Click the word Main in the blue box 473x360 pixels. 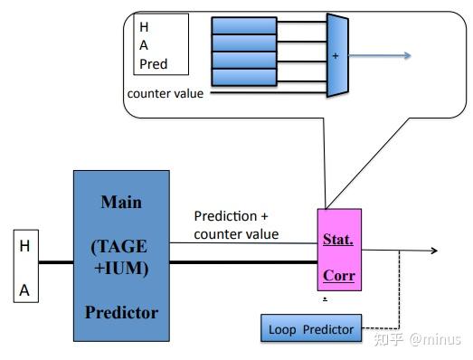tap(121, 202)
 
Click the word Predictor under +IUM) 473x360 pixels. tap(121, 312)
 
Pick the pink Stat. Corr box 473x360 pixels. tap(339, 250)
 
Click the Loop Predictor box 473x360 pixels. tap(311, 328)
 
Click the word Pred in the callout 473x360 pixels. tap(154, 64)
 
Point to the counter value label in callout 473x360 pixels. tap(166, 93)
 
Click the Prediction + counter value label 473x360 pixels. tap(236, 225)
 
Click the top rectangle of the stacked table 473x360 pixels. tap(243, 25)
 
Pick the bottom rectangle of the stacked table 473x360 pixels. tap(243, 77)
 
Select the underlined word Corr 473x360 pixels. tap(338, 275)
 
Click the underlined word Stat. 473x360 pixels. tap(338, 240)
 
